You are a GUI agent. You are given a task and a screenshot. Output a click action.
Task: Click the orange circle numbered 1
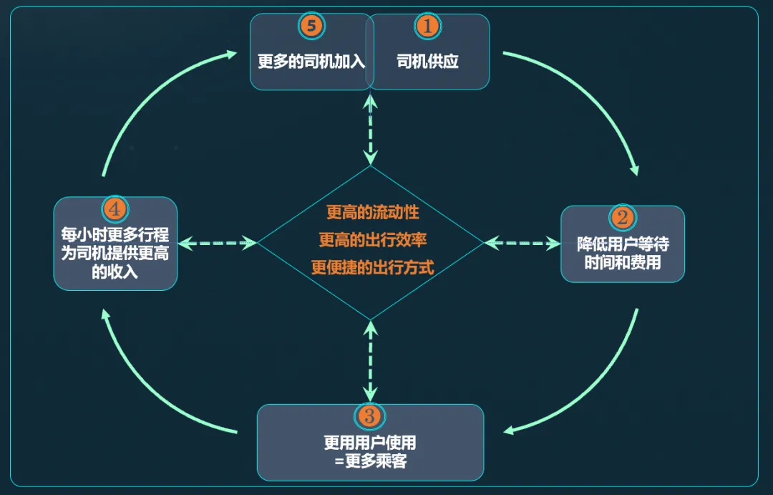click(x=427, y=27)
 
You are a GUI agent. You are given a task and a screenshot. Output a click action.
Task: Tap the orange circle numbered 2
click(x=621, y=217)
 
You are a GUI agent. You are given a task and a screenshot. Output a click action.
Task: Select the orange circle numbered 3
click(x=369, y=416)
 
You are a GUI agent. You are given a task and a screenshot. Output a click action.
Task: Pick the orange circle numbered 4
click(x=115, y=209)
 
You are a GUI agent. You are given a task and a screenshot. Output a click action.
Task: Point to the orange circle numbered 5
click(x=311, y=27)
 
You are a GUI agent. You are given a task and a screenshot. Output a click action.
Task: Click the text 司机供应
click(x=427, y=62)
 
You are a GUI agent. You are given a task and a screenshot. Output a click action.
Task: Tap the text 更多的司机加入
click(x=311, y=62)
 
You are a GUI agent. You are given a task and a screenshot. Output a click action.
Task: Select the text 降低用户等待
click(x=623, y=244)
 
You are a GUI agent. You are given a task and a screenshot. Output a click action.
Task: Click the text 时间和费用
click(x=623, y=262)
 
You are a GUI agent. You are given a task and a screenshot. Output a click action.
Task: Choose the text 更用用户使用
click(x=369, y=443)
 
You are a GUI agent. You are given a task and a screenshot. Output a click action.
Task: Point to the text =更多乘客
click(x=369, y=461)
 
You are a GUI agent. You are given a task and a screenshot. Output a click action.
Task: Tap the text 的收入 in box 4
click(x=115, y=272)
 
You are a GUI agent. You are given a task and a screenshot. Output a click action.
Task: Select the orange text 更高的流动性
click(x=372, y=213)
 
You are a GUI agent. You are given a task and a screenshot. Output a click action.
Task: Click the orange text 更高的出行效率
click(x=372, y=239)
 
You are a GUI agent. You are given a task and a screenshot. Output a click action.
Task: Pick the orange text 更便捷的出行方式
click(x=372, y=267)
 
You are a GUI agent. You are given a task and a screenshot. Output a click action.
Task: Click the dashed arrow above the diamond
click(x=370, y=129)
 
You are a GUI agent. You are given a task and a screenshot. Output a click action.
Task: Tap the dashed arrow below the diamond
click(x=370, y=361)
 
